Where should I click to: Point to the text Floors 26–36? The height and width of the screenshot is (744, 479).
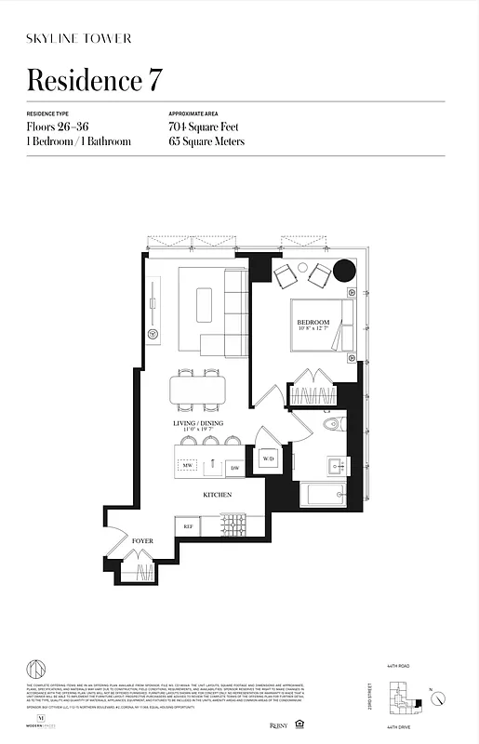tap(60, 126)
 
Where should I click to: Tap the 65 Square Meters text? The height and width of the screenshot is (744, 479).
tap(206, 141)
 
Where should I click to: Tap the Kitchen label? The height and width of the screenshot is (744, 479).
tap(218, 495)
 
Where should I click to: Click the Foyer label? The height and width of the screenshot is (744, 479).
tap(142, 540)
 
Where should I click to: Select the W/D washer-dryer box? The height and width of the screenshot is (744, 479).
tap(268, 459)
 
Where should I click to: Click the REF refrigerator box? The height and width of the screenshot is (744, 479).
tap(188, 526)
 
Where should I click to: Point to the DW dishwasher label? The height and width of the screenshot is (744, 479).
tap(235, 467)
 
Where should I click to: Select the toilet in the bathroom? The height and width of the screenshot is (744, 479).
tap(331, 425)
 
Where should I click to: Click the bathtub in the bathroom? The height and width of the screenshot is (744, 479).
tap(323, 495)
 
